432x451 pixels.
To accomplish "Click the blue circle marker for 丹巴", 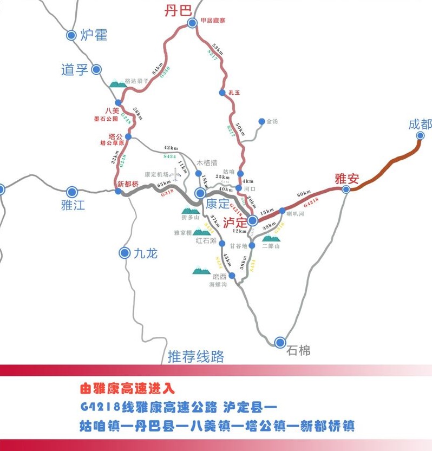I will (192, 23).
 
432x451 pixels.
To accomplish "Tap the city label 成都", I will (420, 124).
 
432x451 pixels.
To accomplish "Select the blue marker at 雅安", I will (346, 189).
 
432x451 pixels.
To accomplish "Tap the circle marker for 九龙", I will (125, 252).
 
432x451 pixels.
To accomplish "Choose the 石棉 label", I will (298, 350).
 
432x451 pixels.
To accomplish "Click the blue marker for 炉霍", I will (71, 35).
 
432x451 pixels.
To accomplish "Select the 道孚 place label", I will (75, 69).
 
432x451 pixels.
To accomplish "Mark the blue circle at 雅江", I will (71, 192).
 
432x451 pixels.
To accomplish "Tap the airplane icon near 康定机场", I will (174, 174).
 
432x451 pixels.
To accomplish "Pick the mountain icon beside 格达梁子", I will (116, 83).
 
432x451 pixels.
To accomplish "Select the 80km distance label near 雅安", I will (304, 193).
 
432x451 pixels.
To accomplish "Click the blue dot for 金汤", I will (261, 122).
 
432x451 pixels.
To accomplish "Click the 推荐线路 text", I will (195, 356).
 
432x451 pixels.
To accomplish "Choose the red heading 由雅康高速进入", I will (127, 389).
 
